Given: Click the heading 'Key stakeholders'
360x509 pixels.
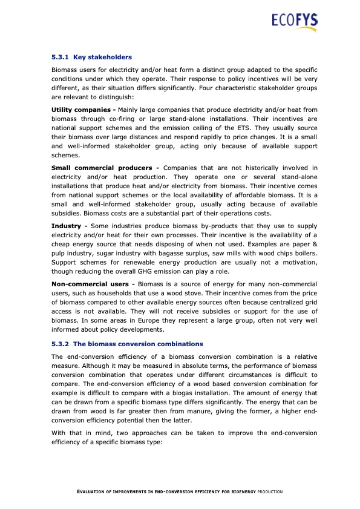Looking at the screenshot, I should coord(102,57).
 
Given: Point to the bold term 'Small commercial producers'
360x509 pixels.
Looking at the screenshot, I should coord(105,167).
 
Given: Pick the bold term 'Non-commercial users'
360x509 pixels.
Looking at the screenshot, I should coord(93,284).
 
